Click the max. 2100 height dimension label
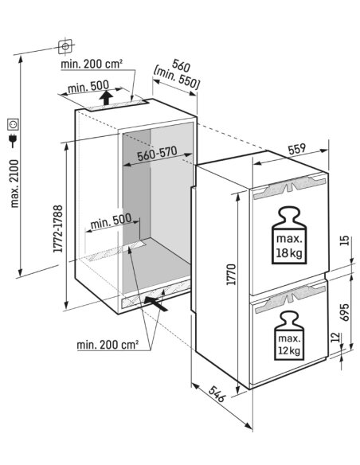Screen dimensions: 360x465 pos(14,184)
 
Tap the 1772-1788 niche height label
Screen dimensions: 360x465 pos(58,229)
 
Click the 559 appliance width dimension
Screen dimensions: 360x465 pos(297,149)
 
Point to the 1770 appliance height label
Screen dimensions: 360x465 pos(231,275)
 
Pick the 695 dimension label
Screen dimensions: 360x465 pos(345,312)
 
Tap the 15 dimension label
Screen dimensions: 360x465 pos(345,240)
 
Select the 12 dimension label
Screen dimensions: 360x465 pos(335,337)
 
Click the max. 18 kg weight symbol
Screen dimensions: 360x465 pos(289,235)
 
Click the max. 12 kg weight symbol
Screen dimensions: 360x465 pos(289,335)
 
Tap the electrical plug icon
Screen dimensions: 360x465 pos(14,141)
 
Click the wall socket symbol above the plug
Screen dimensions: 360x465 pos(14,124)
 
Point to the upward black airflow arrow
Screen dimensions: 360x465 pos(106,98)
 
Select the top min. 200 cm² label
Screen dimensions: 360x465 pos(92,64)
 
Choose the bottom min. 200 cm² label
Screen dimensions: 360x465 pos(108,345)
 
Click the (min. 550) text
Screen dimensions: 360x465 pos(176,79)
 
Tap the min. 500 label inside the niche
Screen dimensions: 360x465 pos(111,221)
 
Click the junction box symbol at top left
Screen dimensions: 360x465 pos(65,46)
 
